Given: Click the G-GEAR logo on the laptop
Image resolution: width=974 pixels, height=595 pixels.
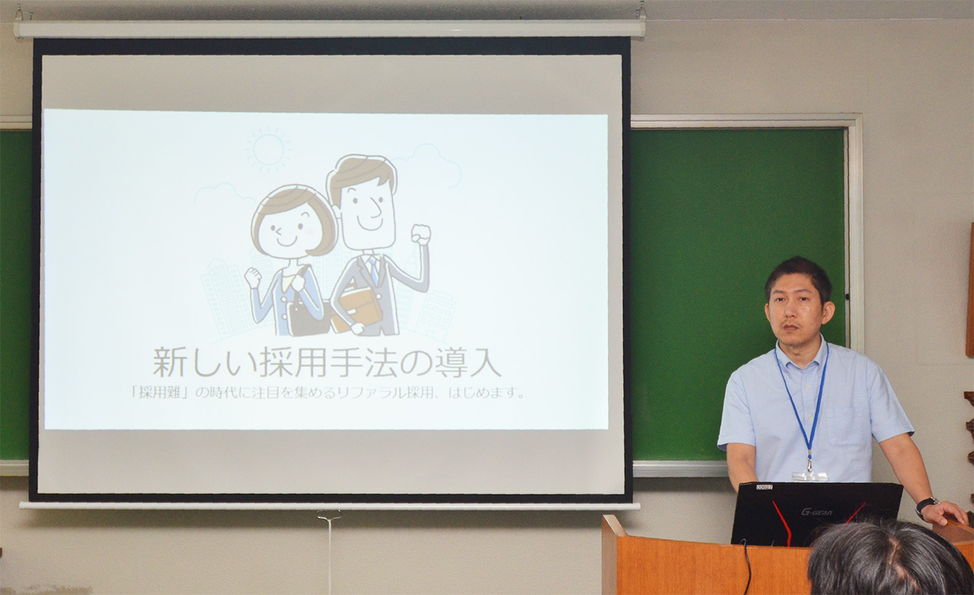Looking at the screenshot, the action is pos(816,513).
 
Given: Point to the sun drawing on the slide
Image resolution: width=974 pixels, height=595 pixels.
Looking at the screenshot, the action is pos(269,149).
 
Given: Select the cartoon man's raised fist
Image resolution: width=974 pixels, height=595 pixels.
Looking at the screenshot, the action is pos(421,235).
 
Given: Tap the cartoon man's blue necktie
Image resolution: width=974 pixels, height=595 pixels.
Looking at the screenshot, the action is pos(373,269).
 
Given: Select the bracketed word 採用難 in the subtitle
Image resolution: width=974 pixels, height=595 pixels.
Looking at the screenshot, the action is pos(158,393).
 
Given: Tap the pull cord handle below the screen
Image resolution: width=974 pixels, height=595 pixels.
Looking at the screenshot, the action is pos(329,516).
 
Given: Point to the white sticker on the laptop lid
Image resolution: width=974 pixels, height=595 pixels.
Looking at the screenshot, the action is pos(763,487).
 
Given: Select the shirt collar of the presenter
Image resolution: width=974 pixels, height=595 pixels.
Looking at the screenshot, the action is pos(803,353).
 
